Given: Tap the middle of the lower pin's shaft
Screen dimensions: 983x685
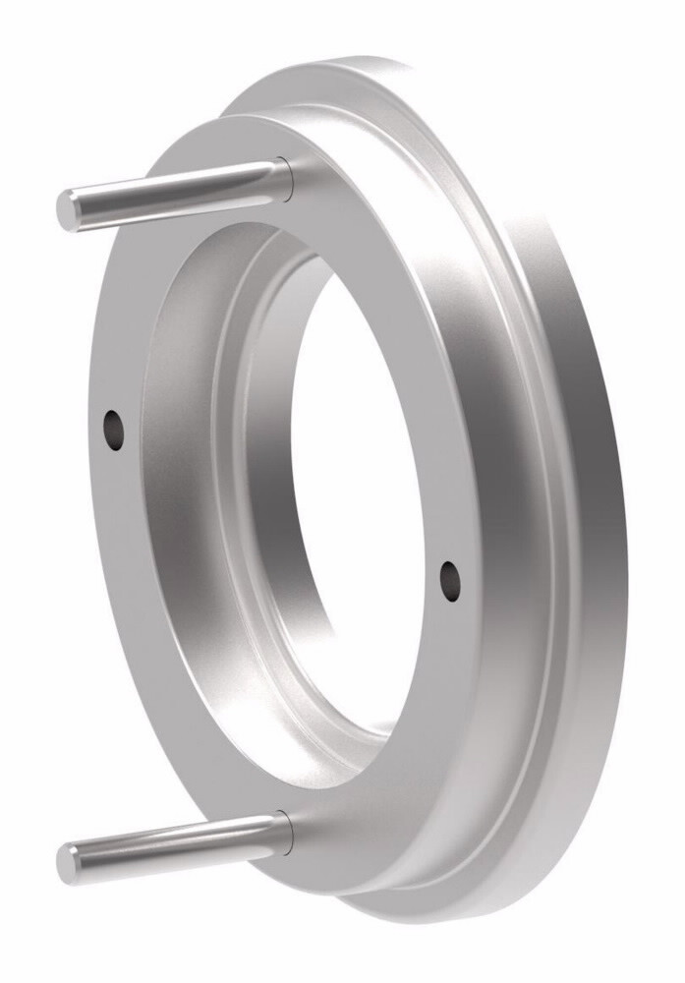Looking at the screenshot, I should [x=172, y=846].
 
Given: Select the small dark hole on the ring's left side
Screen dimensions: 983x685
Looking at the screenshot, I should [x=115, y=430].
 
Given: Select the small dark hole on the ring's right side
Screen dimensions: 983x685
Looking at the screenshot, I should [x=450, y=580].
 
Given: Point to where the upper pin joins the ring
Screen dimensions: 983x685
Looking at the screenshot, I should [x=284, y=178].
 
